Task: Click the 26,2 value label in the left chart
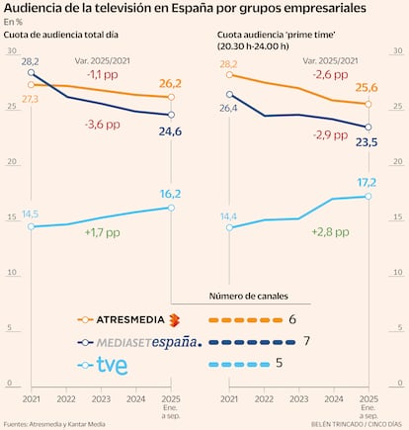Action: [172, 83]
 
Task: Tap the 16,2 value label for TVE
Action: [172, 195]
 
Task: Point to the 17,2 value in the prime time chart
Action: [368, 183]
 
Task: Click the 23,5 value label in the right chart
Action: [368, 141]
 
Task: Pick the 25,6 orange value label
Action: [368, 89]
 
